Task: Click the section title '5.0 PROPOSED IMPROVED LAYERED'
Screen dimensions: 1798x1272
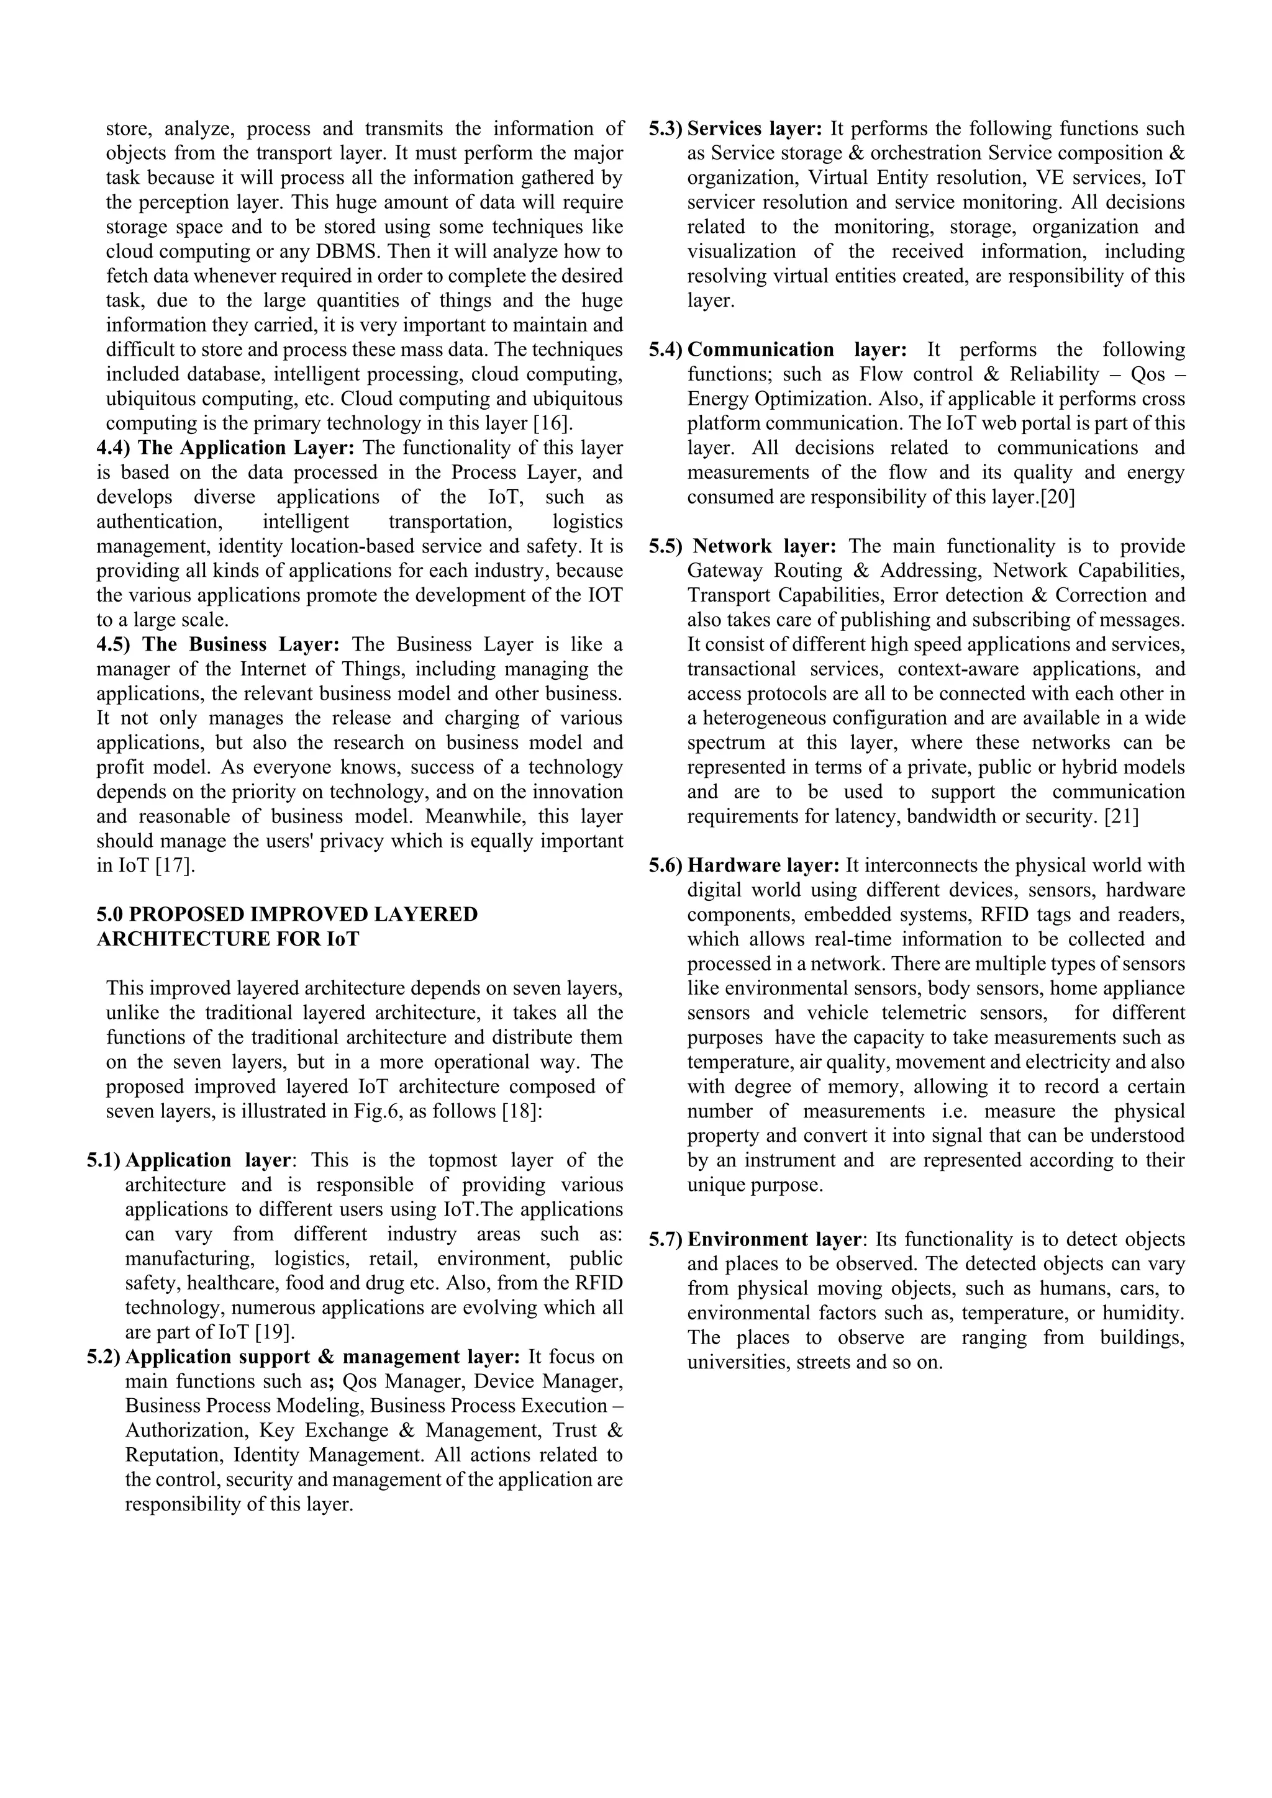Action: point(287,914)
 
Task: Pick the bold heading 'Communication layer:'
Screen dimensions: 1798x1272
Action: point(797,350)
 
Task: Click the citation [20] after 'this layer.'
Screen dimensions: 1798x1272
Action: point(1056,497)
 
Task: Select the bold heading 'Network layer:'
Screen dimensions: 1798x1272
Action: point(765,546)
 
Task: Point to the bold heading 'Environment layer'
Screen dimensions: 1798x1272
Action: point(774,1240)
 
